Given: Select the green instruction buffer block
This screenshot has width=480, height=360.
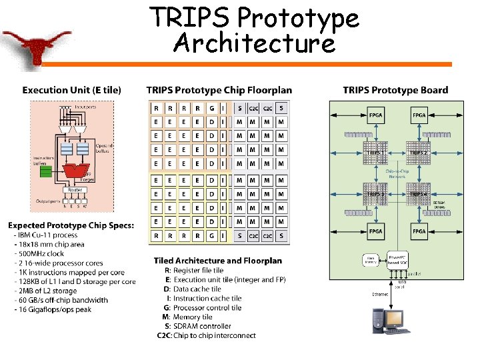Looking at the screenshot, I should (46, 171).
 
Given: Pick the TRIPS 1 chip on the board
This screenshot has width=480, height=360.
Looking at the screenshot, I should (375, 153).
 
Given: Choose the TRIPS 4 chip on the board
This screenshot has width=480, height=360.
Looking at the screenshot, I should (419, 194).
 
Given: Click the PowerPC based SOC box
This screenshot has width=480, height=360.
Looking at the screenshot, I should (398, 260).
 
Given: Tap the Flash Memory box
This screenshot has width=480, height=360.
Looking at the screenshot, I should (370, 260).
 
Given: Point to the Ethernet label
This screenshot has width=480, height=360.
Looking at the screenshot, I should (381, 294).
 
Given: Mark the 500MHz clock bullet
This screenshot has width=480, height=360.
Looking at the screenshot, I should (39, 253).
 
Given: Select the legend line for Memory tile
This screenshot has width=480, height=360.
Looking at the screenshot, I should (192, 317).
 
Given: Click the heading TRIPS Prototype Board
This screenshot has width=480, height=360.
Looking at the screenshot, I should (395, 90).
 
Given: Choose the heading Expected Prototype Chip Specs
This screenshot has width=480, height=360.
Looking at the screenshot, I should (71, 225).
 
